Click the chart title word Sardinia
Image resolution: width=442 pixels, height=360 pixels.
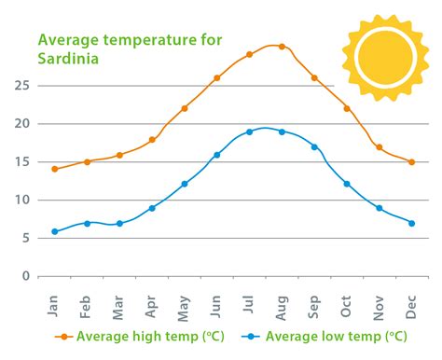click(68, 57)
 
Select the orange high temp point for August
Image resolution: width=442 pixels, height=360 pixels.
click(282, 46)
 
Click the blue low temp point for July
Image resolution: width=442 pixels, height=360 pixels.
click(249, 132)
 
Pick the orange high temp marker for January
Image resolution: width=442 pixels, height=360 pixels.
click(54, 169)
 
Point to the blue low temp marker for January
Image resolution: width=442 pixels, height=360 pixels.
click(54, 231)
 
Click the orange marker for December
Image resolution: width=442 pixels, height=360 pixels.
click(411, 161)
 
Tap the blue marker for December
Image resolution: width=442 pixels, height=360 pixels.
click(411, 223)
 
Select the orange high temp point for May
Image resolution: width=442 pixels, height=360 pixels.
click(185, 108)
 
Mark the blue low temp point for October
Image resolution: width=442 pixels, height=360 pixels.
click(347, 184)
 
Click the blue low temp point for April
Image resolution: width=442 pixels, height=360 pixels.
click(152, 208)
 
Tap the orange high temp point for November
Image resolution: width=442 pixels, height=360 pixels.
click(379, 147)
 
